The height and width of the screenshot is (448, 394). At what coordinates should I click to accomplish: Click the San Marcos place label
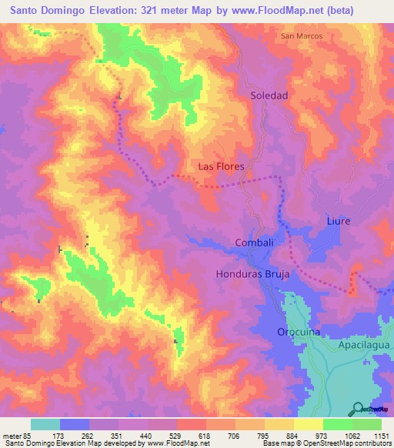point(302,36)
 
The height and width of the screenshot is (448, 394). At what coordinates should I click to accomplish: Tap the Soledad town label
point(269,96)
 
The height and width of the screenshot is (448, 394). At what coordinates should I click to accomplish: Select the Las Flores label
point(221,166)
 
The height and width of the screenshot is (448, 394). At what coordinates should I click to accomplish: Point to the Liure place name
point(338,221)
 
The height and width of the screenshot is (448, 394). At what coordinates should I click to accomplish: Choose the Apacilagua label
point(364,347)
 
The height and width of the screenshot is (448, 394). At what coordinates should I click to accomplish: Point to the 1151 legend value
point(382,435)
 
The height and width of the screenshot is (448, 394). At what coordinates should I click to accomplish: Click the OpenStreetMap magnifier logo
point(359,408)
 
